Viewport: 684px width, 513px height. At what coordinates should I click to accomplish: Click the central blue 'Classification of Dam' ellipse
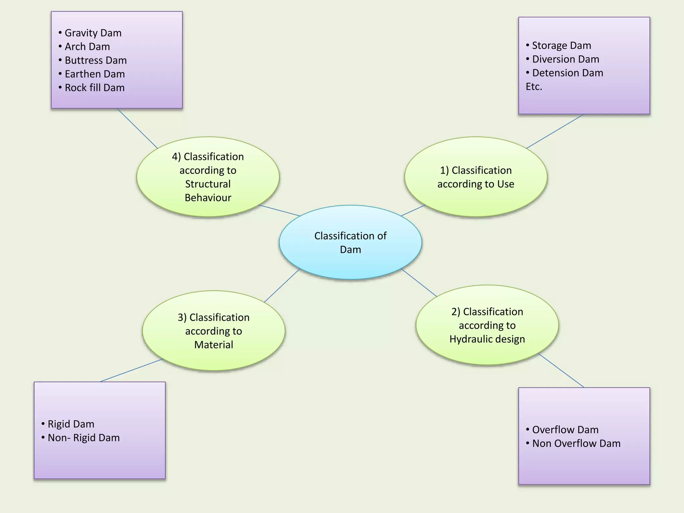tap(350, 242)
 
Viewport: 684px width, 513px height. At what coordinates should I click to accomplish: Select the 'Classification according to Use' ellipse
tap(476, 177)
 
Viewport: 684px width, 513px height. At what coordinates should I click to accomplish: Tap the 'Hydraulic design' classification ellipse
tap(487, 325)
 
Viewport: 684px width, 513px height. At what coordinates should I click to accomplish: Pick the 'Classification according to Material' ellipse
tap(214, 331)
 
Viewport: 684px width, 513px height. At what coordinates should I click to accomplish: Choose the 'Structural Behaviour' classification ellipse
tap(208, 177)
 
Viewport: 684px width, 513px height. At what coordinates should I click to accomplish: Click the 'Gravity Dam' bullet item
tap(93, 33)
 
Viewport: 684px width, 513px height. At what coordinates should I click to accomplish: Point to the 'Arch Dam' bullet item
tap(87, 47)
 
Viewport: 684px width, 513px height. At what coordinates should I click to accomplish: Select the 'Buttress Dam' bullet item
tap(96, 60)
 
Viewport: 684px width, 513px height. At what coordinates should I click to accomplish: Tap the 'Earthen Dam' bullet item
tap(95, 74)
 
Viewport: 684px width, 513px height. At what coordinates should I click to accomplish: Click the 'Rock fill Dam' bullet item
tap(95, 88)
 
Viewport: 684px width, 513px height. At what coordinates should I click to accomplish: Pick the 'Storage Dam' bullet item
tap(561, 45)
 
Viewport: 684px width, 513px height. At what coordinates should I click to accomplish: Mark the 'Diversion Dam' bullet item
tap(565, 59)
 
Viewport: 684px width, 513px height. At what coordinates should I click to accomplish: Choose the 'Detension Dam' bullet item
tap(567, 73)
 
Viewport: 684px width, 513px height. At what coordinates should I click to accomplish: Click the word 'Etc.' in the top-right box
tap(534, 87)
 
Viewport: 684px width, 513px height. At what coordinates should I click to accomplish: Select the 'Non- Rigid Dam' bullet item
tap(83, 438)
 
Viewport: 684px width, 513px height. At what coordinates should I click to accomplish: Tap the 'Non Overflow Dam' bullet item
tap(576, 444)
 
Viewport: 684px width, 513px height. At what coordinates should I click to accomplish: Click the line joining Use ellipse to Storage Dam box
tap(555, 131)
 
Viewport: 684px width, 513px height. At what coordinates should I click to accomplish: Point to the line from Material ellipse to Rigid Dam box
tap(131, 370)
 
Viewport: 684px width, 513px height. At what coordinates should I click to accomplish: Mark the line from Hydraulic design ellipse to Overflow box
tap(561, 370)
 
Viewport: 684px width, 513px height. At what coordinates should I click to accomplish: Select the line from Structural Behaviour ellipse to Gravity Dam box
tap(137, 128)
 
